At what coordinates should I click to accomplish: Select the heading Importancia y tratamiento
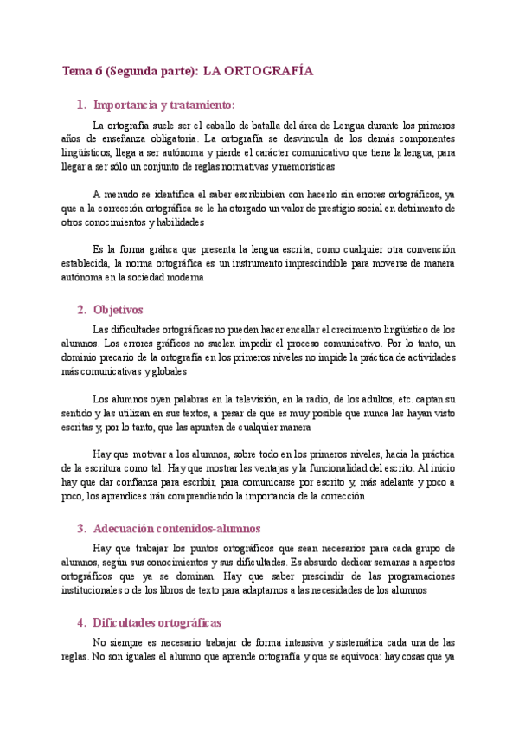click(163, 105)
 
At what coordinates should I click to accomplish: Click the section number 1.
click(80, 105)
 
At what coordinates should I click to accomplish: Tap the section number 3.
click(80, 528)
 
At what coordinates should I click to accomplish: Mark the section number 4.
click(80, 622)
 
